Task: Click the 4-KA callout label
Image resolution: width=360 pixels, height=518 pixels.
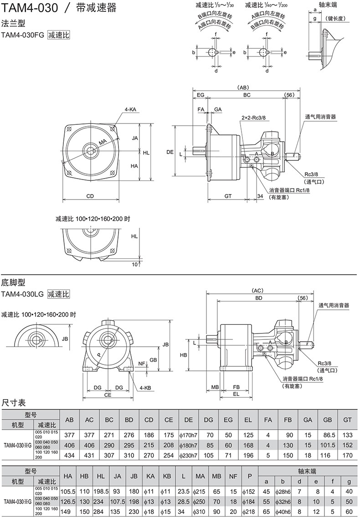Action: pos(131,110)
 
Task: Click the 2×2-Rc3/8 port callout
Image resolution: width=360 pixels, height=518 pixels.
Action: pos(253,118)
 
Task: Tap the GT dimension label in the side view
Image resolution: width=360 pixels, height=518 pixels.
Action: pos(228,196)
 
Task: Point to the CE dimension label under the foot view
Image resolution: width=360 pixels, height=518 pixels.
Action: pos(108,395)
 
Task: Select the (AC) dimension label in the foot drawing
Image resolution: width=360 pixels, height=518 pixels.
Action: pos(258,290)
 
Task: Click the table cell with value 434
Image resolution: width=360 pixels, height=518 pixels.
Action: pos(70,455)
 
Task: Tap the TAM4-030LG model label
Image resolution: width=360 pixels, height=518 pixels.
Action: pos(22,294)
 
